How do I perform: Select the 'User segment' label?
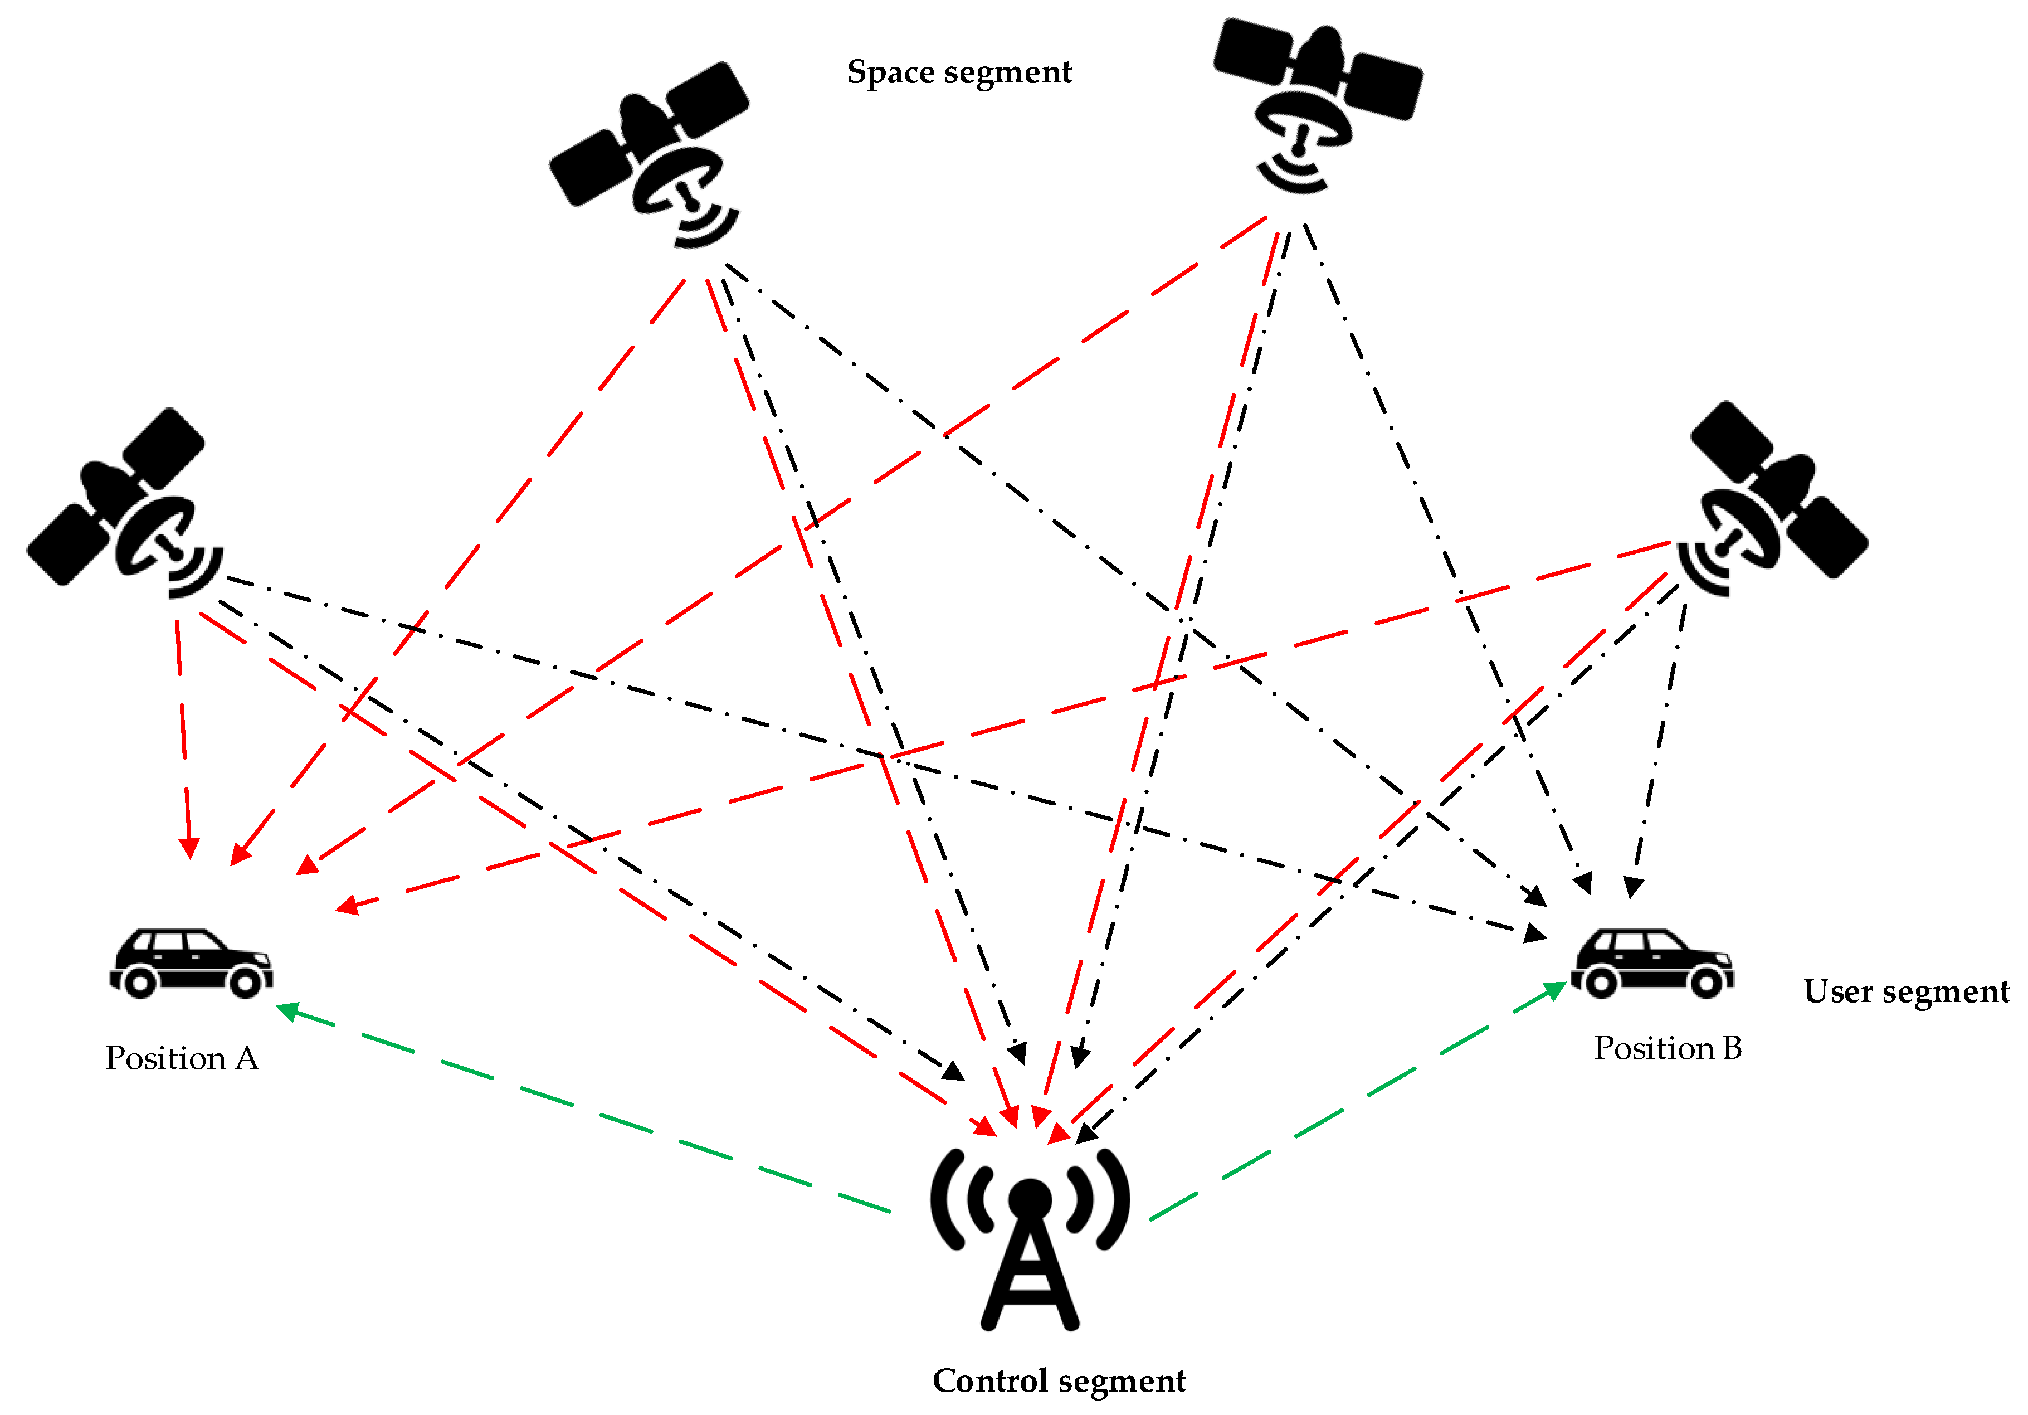[x=1906, y=991]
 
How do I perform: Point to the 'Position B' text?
[x=1667, y=1048]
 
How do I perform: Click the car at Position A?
[x=191, y=964]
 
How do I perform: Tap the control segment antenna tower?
[x=1030, y=1254]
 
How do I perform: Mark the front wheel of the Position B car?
[x=1705, y=982]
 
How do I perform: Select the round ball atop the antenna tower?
[x=1030, y=1199]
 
